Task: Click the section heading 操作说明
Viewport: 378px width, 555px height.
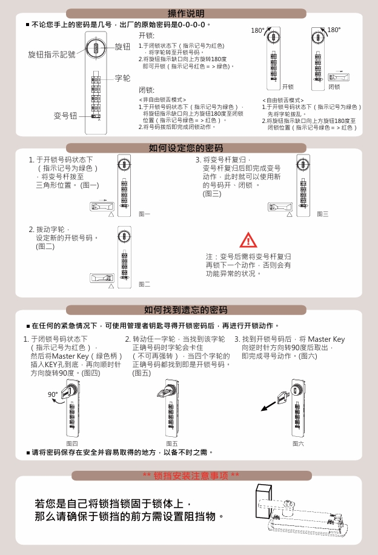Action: click(x=186, y=13)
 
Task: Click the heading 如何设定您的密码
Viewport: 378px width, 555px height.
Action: click(x=186, y=148)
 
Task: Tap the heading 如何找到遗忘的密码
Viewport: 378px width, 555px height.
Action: click(x=186, y=310)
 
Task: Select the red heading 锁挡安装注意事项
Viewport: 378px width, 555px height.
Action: click(x=191, y=476)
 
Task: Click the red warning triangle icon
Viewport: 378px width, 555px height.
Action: click(x=248, y=240)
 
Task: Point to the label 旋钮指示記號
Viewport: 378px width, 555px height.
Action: click(x=51, y=55)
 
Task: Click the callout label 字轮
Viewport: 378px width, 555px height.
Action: click(x=122, y=78)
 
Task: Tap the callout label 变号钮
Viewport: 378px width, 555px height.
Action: click(x=65, y=116)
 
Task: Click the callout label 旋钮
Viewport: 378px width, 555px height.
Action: click(x=122, y=47)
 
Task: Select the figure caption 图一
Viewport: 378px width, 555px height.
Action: click(x=144, y=214)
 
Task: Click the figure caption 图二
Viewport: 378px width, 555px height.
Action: click(x=144, y=284)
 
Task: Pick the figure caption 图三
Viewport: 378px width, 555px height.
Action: click(x=322, y=214)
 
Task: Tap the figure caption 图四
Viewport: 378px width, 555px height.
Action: click(x=72, y=444)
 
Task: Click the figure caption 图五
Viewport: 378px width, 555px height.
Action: click(x=172, y=444)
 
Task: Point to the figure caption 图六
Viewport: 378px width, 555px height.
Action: click(x=298, y=444)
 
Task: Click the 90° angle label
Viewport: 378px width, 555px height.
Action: click(x=53, y=394)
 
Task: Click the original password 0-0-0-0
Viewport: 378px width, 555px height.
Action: click(x=191, y=25)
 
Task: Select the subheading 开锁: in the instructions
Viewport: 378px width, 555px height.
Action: click(x=147, y=35)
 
